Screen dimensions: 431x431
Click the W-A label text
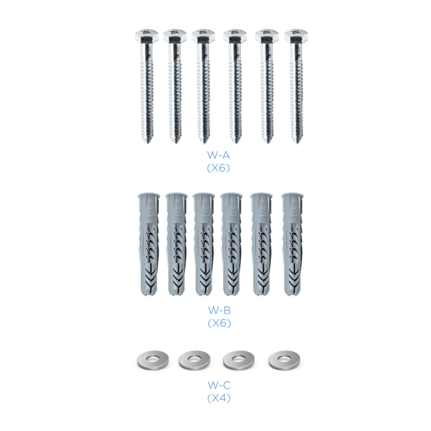[x=218, y=156]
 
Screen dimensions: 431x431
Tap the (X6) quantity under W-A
[x=218, y=168]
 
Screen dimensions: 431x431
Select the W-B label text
[x=219, y=311]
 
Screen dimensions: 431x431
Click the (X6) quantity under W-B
[x=219, y=323]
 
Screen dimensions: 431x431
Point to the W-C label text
[x=219, y=385]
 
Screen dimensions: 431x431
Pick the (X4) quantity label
[x=219, y=398]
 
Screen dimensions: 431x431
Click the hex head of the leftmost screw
[x=146, y=36]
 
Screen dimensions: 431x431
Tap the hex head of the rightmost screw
[x=296, y=36]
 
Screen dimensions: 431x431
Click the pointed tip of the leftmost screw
[x=148, y=143]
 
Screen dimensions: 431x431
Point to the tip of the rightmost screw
[x=297, y=143]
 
